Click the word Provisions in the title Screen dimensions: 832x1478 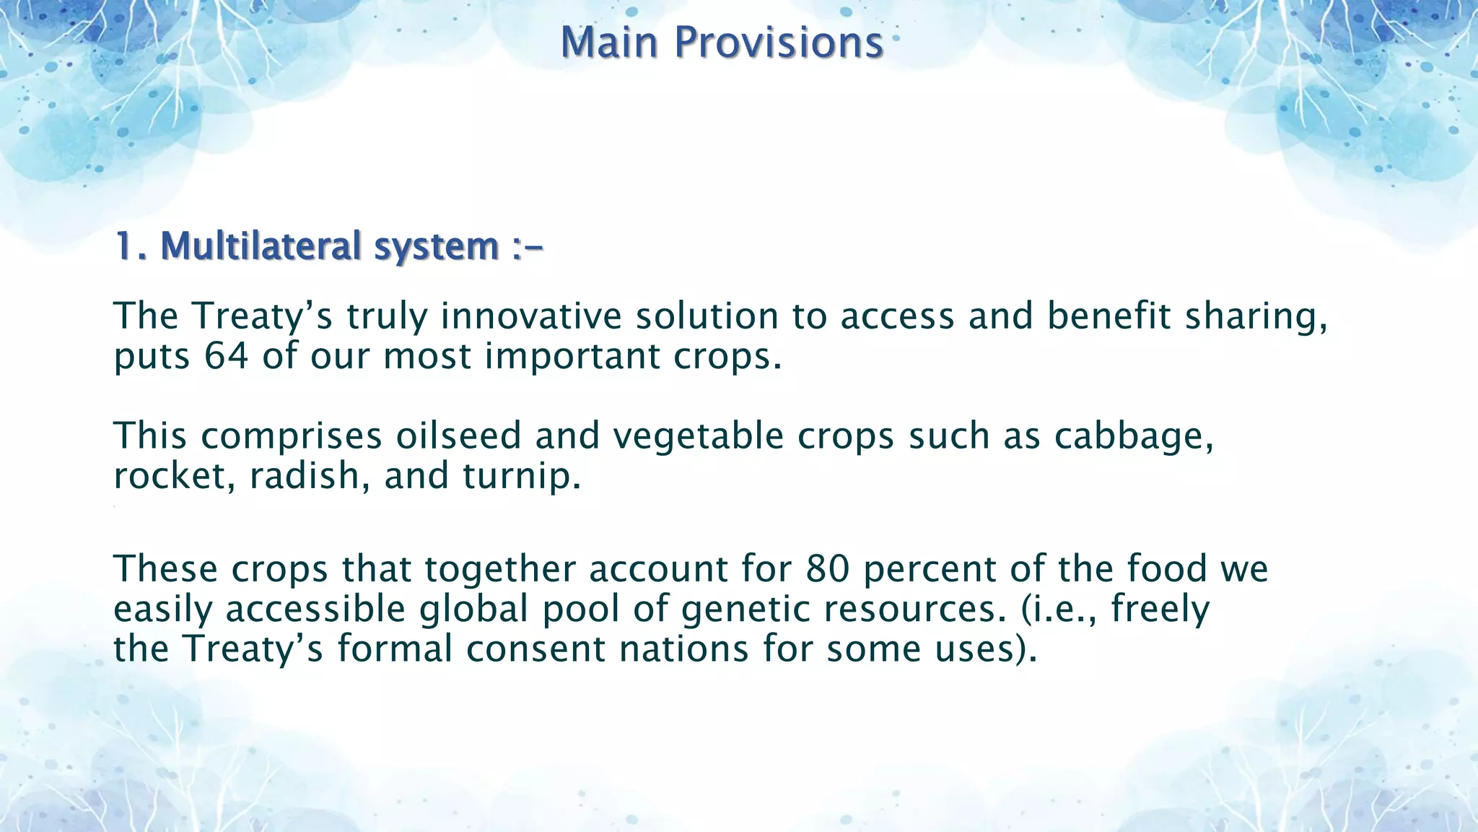coord(779,43)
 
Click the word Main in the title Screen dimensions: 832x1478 coord(609,43)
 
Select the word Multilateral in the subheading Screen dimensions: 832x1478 coord(260,246)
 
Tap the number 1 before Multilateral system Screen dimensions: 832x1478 coord(124,246)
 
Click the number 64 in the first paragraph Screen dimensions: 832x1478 coord(226,356)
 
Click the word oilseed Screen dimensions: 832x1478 coord(458,435)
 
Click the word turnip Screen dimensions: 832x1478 coord(521,475)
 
